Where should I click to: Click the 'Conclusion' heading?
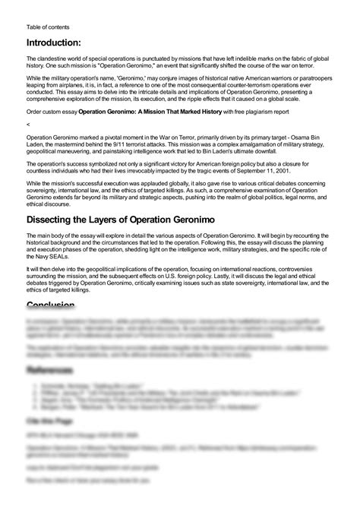point(50,305)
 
